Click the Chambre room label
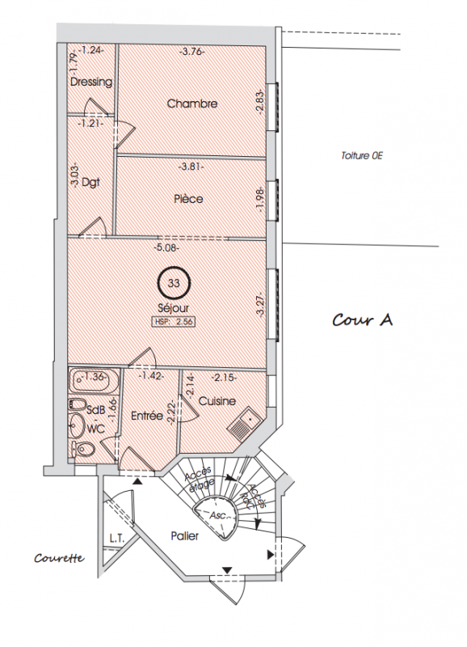click(192, 104)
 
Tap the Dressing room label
click(91, 82)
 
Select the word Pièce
click(188, 199)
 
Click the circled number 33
click(174, 283)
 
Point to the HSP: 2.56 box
click(175, 322)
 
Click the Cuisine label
click(217, 401)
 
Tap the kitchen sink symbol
click(243, 422)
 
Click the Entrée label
click(147, 416)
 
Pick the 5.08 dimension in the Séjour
click(166, 248)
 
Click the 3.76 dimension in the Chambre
click(193, 52)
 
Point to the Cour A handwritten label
click(363, 319)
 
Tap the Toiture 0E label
click(361, 156)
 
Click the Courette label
click(59, 558)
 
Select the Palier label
click(185, 536)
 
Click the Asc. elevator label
click(218, 516)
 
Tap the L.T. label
click(116, 538)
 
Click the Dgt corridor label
click(90, 182)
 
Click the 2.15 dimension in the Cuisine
click(224, 377)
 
